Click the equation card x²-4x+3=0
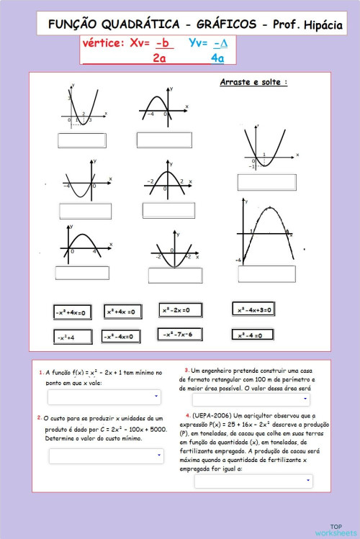(x=253, y=309)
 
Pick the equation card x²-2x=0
(x=176, y=310)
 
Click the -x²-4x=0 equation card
(x=120, y=336)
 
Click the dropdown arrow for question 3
(x=306, y=399)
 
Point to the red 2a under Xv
(x=159, y=58)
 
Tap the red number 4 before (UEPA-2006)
(x=188, y=415)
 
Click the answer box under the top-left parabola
(x=81, y=140)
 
